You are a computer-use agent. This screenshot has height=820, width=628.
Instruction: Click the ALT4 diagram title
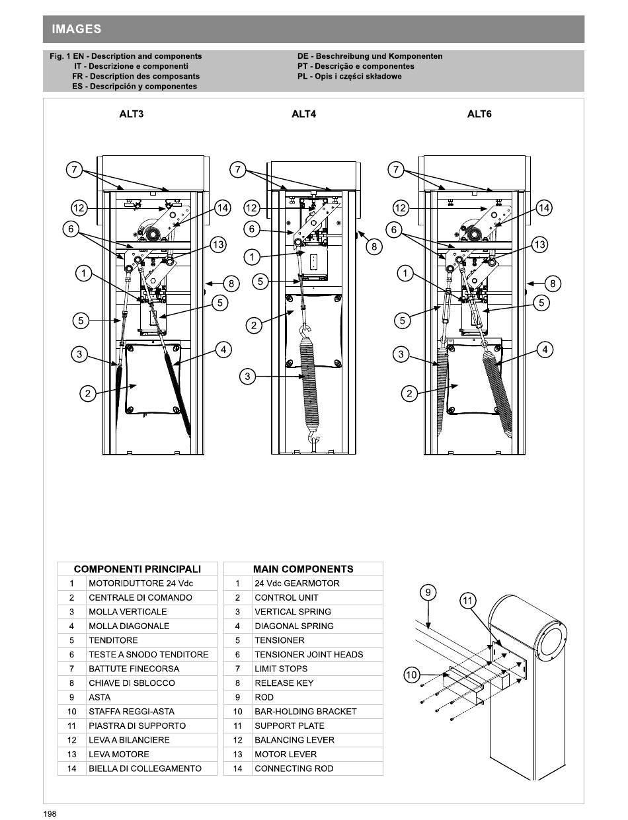pos(303,114)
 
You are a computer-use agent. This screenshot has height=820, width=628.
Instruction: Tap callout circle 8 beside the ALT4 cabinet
pos(374,246)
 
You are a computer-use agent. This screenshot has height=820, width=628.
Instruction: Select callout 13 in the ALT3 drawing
pos(219,244)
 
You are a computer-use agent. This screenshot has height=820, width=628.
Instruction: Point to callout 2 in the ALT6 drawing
pos(409,394)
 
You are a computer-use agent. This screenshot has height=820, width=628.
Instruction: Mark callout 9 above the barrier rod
pos(428,592)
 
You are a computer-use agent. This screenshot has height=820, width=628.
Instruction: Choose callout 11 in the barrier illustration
pos(467,601)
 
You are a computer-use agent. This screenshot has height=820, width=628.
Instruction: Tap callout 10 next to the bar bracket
pos(412,675)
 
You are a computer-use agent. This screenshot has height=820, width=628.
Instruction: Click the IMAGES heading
pos(77,28)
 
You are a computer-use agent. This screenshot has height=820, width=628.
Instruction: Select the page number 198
pos(50,813)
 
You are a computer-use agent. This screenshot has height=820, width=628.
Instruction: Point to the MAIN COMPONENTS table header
pos(303,569)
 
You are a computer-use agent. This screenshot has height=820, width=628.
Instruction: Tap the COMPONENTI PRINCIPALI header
pos(137,569)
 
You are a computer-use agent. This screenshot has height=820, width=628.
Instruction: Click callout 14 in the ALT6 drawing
pos(544,207)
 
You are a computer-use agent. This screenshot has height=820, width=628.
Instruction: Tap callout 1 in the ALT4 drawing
pos(252,257)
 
